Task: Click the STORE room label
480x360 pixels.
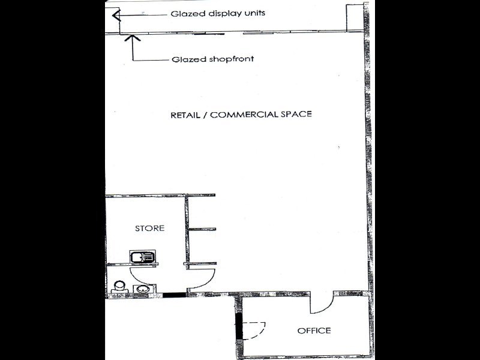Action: point(149,228)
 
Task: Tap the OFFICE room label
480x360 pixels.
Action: point(314,331)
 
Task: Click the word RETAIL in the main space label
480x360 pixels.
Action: point(185,115)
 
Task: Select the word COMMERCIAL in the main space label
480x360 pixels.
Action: point(244,115)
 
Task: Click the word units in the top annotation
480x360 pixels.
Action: point(254,13)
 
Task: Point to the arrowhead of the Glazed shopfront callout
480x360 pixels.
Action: point(133,38)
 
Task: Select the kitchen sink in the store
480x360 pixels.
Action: point(143,257)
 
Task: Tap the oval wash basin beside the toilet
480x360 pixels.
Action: point(143,289)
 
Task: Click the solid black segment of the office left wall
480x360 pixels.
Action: point(239,326)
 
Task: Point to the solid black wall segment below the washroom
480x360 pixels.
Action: point(174,295)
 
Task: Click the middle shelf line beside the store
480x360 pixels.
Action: point(202,229)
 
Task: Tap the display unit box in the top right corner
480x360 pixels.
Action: point(355,18)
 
